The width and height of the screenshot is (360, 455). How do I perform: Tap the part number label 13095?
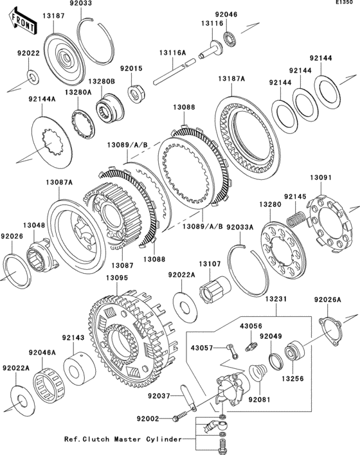click(117, 278)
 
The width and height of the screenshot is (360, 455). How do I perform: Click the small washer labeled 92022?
click(33, 76)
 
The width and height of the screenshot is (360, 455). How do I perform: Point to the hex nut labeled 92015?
click(137, 93)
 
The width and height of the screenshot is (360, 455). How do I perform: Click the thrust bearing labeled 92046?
click(231, 38)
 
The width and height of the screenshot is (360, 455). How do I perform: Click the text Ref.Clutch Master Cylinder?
click(123, 440)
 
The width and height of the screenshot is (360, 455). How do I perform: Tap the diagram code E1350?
click(344, 3)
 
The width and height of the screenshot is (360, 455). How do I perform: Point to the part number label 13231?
click(276, 299)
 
